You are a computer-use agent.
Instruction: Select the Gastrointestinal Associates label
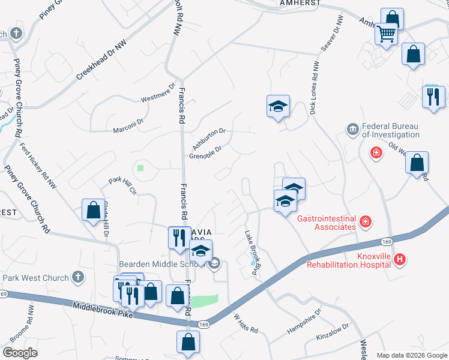coord(327,223)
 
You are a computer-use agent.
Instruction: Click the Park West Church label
coord(35,278)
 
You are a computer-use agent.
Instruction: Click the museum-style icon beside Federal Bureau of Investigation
coord(352,128)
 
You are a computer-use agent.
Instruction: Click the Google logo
coord(20,352)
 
